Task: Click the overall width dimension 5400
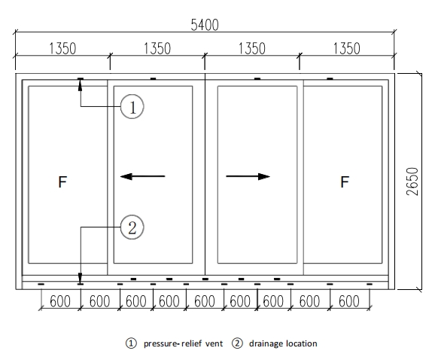[205, 25]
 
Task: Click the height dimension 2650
[412, 182]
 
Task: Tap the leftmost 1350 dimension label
[62, 48]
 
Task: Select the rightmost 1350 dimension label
[346, 48]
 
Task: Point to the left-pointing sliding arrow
[142, 176]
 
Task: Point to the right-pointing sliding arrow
[248, 176]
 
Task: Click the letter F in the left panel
[62, 182]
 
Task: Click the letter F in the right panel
[345, 182]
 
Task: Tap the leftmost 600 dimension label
[60, 301]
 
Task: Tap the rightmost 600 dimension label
[349, 301]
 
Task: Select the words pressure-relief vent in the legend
[183, 343]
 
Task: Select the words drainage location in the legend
[283, 343]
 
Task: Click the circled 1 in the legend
[131, 343]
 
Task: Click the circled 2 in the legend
[237, 343]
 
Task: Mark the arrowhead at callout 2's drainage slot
[81, 278]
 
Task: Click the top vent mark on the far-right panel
[330, 79]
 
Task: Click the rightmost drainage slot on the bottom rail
[370, 284]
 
